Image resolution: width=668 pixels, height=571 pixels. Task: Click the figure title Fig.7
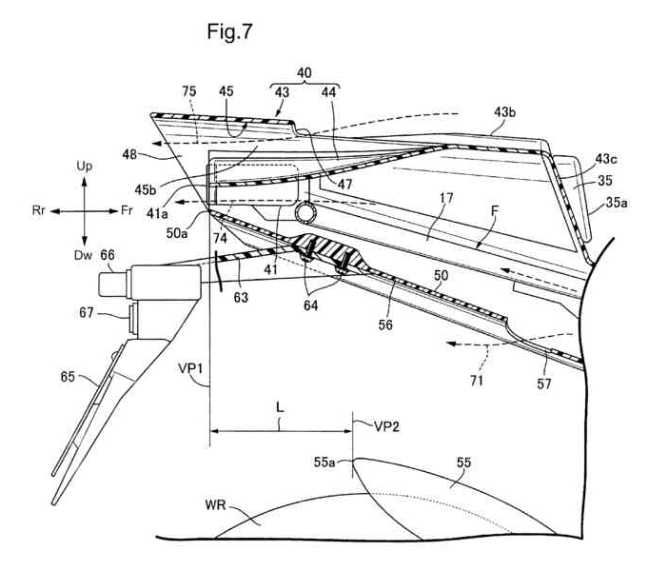(x=229, y=31)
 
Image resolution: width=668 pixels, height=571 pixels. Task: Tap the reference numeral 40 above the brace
(x=305, y=73)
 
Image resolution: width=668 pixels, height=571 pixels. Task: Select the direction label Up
(x=85, y=167)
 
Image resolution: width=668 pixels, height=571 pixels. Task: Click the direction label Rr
(x=38, y=210)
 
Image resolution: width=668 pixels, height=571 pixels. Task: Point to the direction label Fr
(x=127, y=210)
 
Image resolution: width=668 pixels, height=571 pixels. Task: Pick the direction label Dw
(x=83, y=255)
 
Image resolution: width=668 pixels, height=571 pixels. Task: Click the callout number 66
(x=108, y=255)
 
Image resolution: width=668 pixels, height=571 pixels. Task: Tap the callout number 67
(x=87, y=313)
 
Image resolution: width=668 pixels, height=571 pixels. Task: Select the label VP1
(x=190, y=368)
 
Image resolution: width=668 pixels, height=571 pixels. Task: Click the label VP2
(x=387, y=426)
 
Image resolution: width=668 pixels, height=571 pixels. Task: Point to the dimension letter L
(x=280, y=408)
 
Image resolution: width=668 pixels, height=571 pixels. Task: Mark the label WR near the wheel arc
(x=215, y=505)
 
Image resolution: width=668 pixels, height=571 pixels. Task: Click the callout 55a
(x=324, y=462)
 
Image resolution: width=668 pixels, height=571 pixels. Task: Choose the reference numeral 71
(x=477, y=380)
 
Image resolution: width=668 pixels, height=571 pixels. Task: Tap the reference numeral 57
(x=544, y=384)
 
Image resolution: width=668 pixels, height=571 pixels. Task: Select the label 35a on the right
(x=617, y=203)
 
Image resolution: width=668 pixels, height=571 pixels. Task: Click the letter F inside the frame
(x=495, y=210)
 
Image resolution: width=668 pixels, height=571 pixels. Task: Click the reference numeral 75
(x=189, y=91)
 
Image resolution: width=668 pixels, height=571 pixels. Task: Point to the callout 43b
(x=505, y=112)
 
